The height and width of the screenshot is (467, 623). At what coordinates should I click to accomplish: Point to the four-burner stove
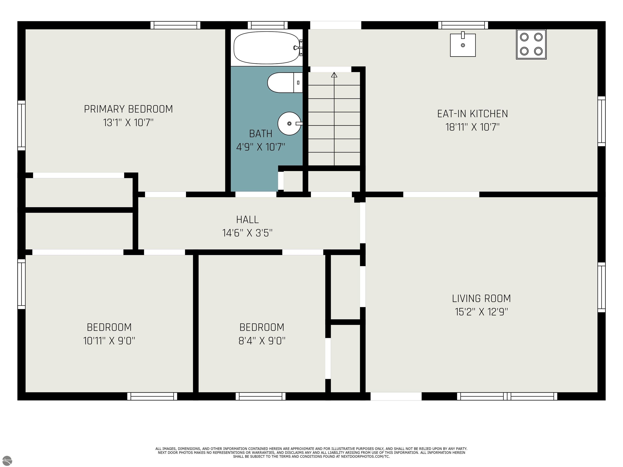pyautogui.click(x=531, y=44)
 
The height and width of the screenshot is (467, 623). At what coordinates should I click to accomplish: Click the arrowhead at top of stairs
pyautogui.click(x=334, y=75)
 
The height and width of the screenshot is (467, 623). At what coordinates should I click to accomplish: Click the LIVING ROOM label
pyautogui.click(x=481, y=298)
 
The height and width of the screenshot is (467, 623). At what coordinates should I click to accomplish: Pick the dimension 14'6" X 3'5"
pyautogui.click(x=247, y=233)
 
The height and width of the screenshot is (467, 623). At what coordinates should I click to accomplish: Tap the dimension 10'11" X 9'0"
pyautogui.click(x=109, y=341)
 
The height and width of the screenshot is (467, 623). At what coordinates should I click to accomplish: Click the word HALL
pyautogui.click(x=247, y=220)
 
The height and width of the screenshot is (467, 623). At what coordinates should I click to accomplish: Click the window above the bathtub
pyautogui.click(x=267, y=25)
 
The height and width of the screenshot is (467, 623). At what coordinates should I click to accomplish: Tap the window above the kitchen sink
pyautogui.click(x=463, y=25)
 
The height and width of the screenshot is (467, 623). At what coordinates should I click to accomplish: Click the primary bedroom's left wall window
pyautogui.click(x=22, y=125)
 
